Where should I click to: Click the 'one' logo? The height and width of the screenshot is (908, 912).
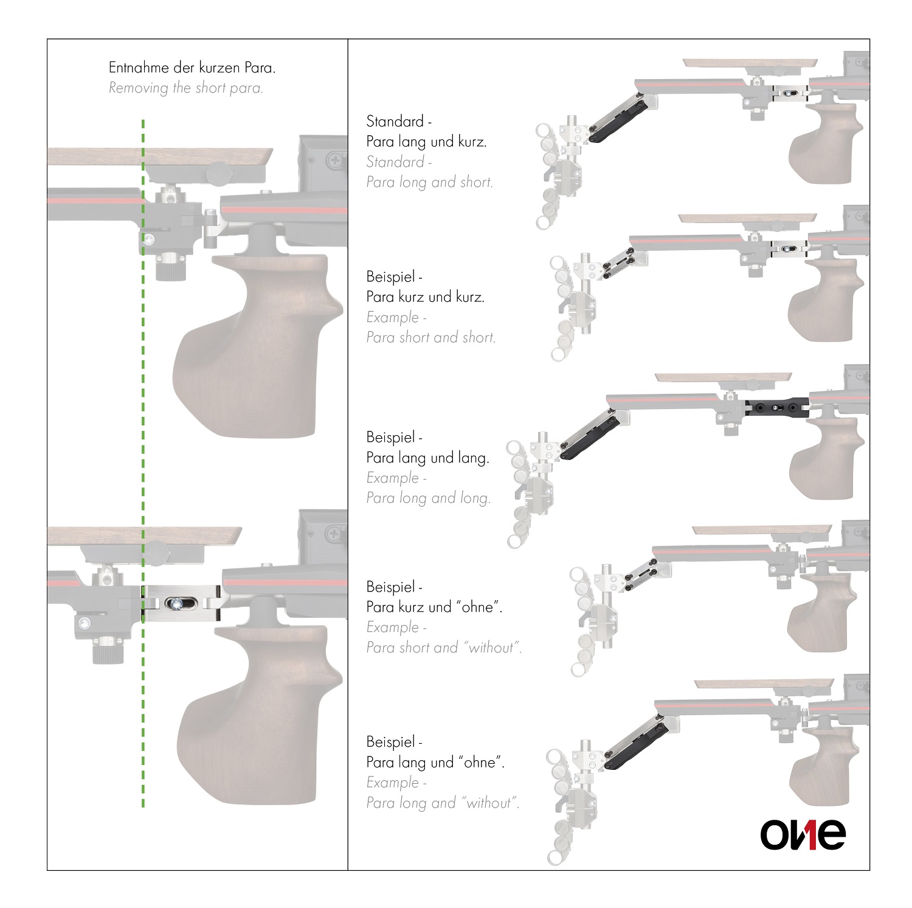[x=803, y=834]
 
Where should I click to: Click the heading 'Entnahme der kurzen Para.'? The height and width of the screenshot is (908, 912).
[x=192, y=68]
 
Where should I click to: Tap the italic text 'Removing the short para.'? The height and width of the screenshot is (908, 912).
[x=186, y=88]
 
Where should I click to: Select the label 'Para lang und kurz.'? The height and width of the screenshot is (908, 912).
[x=426, y=142]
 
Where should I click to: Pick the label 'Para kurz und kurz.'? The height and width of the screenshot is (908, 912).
[x=425, y=297]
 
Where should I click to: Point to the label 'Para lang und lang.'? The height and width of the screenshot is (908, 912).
[x=427, y=458]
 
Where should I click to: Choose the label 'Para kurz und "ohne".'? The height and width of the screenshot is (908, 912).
[x=434, y=607]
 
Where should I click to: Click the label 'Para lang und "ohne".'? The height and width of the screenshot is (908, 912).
[x=435, y=763]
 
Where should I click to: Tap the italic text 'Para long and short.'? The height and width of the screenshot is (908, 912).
[x=429, y=182]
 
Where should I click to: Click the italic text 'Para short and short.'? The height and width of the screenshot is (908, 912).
[x=430, y=337]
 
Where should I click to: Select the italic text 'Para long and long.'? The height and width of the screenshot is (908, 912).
[x=428, y=498]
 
